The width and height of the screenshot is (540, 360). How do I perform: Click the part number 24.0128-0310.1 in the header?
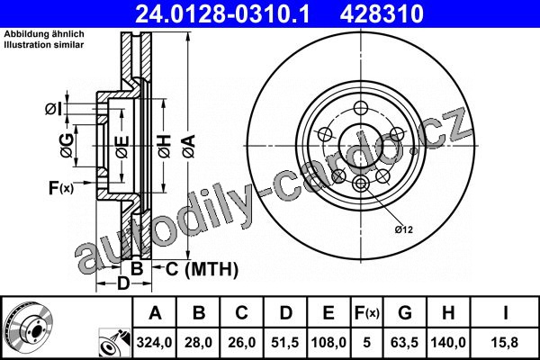coord(222,13)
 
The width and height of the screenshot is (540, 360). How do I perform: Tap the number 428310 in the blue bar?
coord(382,13)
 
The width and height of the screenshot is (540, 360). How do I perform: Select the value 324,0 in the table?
coord(154,342)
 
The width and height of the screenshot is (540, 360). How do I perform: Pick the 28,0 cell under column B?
coord(198,342)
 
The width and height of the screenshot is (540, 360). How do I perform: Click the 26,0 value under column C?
coord(242,342)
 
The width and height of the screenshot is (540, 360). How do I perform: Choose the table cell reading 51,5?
coord(285,342)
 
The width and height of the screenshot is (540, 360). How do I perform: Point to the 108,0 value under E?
coord(328,342)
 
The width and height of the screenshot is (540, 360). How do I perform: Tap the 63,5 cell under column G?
coord(405,342)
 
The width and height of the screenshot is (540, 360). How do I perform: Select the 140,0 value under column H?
coord(448,342)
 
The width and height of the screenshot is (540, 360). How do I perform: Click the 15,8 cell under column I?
coord(505,342)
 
